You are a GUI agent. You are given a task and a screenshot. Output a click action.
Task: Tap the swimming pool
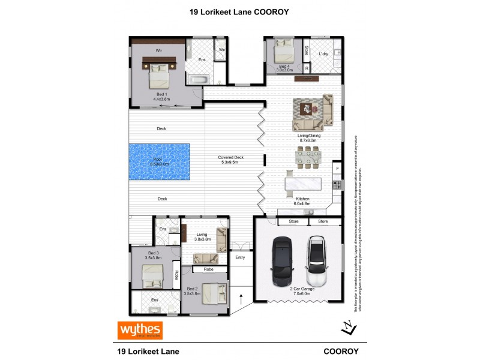coord(160,164)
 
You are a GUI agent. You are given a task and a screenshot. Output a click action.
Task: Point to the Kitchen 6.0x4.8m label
coord(302,201)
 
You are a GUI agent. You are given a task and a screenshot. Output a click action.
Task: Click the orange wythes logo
coord(139,330)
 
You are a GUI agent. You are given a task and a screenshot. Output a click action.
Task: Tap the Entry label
coord(240,257)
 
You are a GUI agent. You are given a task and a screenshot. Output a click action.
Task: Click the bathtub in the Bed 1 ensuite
coord(198,79)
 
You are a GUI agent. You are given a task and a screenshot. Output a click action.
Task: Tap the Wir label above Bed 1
coord(159,50)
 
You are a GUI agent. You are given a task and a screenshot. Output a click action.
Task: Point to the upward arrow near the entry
coord(241,296)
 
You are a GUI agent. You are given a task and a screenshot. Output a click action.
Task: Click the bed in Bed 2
coord(212,295)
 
